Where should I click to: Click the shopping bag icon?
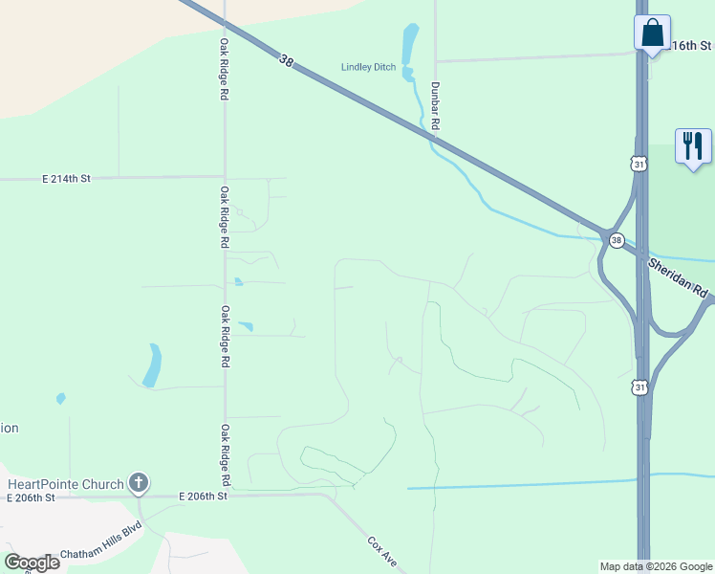652,33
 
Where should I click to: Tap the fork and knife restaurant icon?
693,146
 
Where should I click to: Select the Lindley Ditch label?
368,67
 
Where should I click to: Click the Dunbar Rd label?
434,104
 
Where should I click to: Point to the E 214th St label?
66,179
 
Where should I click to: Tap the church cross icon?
139,482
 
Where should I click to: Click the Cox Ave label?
382,554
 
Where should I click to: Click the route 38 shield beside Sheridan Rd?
617,240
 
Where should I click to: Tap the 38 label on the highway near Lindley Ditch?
286,61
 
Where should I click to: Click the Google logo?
32,563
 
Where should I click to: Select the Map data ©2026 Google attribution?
655,566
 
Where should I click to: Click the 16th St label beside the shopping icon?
692,45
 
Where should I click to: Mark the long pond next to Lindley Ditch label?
410,44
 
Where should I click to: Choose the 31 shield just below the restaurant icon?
639,164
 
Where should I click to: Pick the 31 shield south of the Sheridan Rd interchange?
639,386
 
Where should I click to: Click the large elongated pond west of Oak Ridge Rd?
152,364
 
